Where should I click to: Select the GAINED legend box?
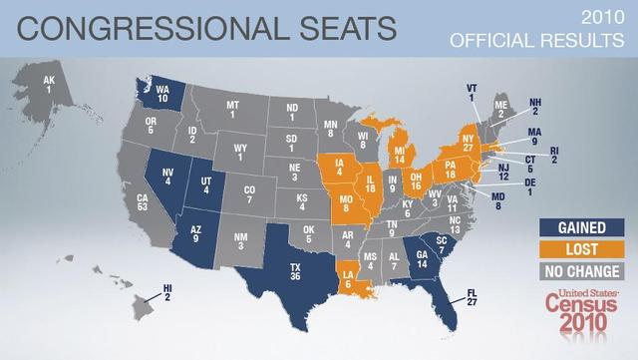[573, 228]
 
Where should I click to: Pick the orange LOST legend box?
[573, 249]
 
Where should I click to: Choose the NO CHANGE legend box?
[573, 271]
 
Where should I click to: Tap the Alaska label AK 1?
[49, 85]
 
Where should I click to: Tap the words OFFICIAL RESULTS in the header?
[539, 41]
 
